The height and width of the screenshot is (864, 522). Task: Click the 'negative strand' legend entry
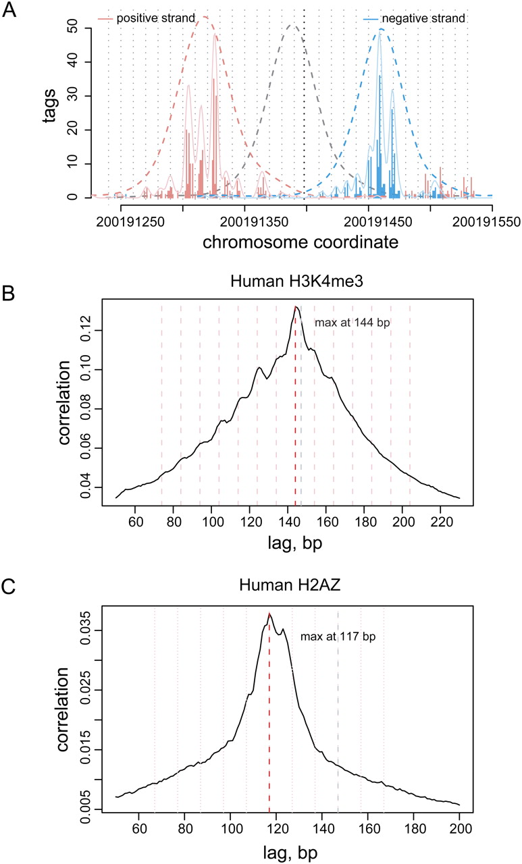tap(423, 18)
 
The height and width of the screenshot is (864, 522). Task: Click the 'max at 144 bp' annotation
tap(353, 323)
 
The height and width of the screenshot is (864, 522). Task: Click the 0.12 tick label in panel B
tap(86, 331)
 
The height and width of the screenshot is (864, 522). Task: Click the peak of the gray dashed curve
tap(292, 26)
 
